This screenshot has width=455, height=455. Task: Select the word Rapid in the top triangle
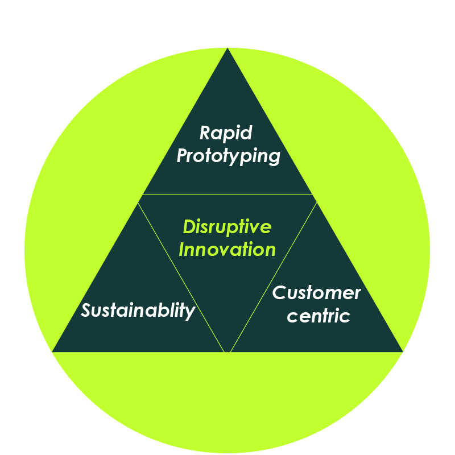click(x=226, y=133)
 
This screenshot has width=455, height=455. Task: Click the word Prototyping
click(x=228, y=156)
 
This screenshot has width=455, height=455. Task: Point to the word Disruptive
click(x=227, y=227)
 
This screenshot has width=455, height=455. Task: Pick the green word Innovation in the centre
click(x=227, y=249)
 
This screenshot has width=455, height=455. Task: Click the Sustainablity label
click(x=138, y=311)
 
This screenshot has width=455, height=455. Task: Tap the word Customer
click(x=316, y=293)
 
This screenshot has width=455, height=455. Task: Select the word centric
click(x=318, y=316)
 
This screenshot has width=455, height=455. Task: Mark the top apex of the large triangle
click(x=227, y=49)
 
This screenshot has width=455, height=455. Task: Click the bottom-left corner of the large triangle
click(x=53, y=351)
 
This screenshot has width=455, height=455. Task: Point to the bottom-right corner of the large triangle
click(x=402, y=351)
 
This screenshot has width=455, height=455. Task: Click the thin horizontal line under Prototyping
click(x=227, y=194)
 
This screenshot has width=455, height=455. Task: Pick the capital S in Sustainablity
click(x=86, y=311)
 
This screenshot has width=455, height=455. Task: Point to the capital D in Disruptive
click(x=189, y=227)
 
